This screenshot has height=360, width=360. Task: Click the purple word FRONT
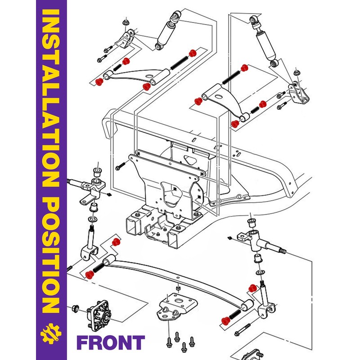[111, 342]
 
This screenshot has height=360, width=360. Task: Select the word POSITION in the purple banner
[51, 255]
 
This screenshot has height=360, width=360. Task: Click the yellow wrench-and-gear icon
[51, 333]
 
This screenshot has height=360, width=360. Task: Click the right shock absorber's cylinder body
[266, 46]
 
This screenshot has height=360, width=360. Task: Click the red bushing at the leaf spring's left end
[89, 274]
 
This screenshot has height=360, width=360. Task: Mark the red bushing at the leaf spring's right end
[226, 321]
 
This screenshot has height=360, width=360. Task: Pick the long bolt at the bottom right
[242, 329]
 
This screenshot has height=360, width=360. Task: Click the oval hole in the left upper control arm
[149, 76]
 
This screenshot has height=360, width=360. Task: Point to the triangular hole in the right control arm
[219, 96]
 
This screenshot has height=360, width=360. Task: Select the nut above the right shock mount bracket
[297, 72]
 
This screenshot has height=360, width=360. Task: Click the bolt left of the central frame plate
[120, 166]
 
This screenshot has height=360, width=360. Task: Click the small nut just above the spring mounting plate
[177, 288]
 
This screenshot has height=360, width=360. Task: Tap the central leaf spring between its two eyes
[177, 279]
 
